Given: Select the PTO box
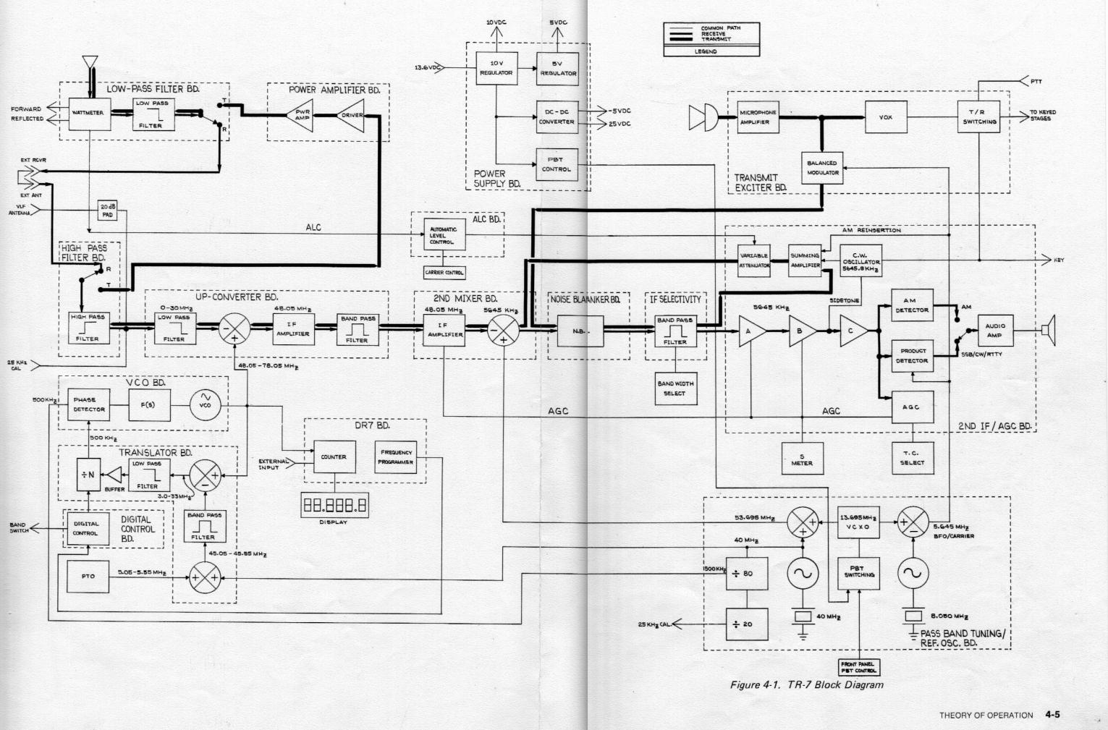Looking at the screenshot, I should click(88, 576).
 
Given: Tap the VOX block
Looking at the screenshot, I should click(886, 117).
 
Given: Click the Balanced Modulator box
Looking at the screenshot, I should click(823, 168).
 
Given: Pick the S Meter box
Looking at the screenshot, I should click(802, 459).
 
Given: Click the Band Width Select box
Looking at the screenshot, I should click(674, 389).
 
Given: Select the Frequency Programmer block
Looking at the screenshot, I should click(396, 457).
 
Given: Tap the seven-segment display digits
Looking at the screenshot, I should click(334, 506).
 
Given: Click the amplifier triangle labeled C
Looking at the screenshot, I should click(853, 331).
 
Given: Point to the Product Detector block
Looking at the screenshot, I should click(912, 356).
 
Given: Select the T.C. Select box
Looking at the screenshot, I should click(912, 459).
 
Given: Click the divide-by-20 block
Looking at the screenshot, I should click(748, 624).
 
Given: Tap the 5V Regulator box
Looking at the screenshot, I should click(557, 69).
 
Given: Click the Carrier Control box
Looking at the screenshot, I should click(444, 273).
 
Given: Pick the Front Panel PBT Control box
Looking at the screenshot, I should click(860, 667).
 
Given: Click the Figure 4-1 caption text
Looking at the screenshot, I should click(806, 684).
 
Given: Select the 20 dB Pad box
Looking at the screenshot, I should click(107, 211).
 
